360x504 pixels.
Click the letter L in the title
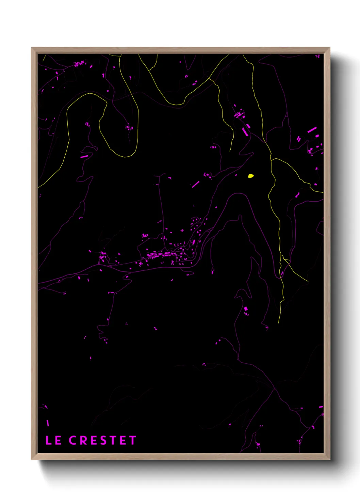coord(48,440)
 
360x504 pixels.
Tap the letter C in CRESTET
coord(73,440)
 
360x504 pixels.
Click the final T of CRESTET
coord(132,440)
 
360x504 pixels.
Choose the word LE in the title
coord(53,440)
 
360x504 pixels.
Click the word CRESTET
coord(102,440)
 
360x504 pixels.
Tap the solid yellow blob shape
coord(251,176)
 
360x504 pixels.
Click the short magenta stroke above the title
coord(48,423)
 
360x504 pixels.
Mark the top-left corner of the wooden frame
coord(32,48)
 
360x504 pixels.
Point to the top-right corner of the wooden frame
coord(330,48)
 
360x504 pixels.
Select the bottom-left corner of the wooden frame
coord(32,459)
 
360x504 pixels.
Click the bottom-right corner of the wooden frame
coord(330,459)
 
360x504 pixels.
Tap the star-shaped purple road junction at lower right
coord(274,388)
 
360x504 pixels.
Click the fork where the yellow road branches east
coord(271,159)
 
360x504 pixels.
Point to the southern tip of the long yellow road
coord(279,322)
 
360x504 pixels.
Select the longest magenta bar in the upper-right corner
coord(312,130)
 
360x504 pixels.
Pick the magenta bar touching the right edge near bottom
coord(321,407)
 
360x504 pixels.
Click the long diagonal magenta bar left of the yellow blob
coord(196,184)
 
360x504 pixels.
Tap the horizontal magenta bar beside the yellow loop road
coord(84,157)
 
